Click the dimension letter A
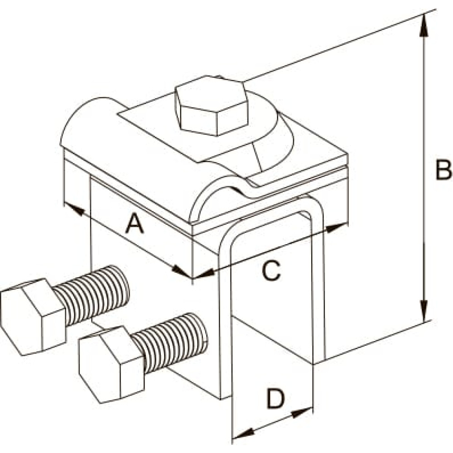coord(135,224)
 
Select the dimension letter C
coord(271,270)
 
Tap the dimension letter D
coord(275,399)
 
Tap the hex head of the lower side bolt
coord(111,364)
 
